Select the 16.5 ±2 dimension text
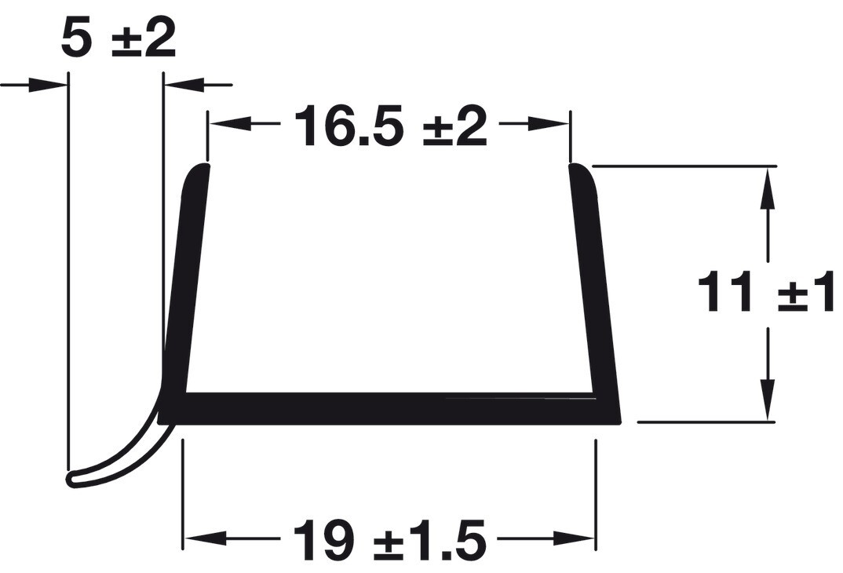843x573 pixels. click(x=390, y=126)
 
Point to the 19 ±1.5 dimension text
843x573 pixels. click(x=389, y=540)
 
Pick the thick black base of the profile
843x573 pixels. click(x=392, y=408)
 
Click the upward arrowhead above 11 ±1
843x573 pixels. click(x=767, y=188)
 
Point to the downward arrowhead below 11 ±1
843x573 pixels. click(x=767, y=400)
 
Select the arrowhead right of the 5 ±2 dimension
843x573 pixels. click(x=185, y=84)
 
